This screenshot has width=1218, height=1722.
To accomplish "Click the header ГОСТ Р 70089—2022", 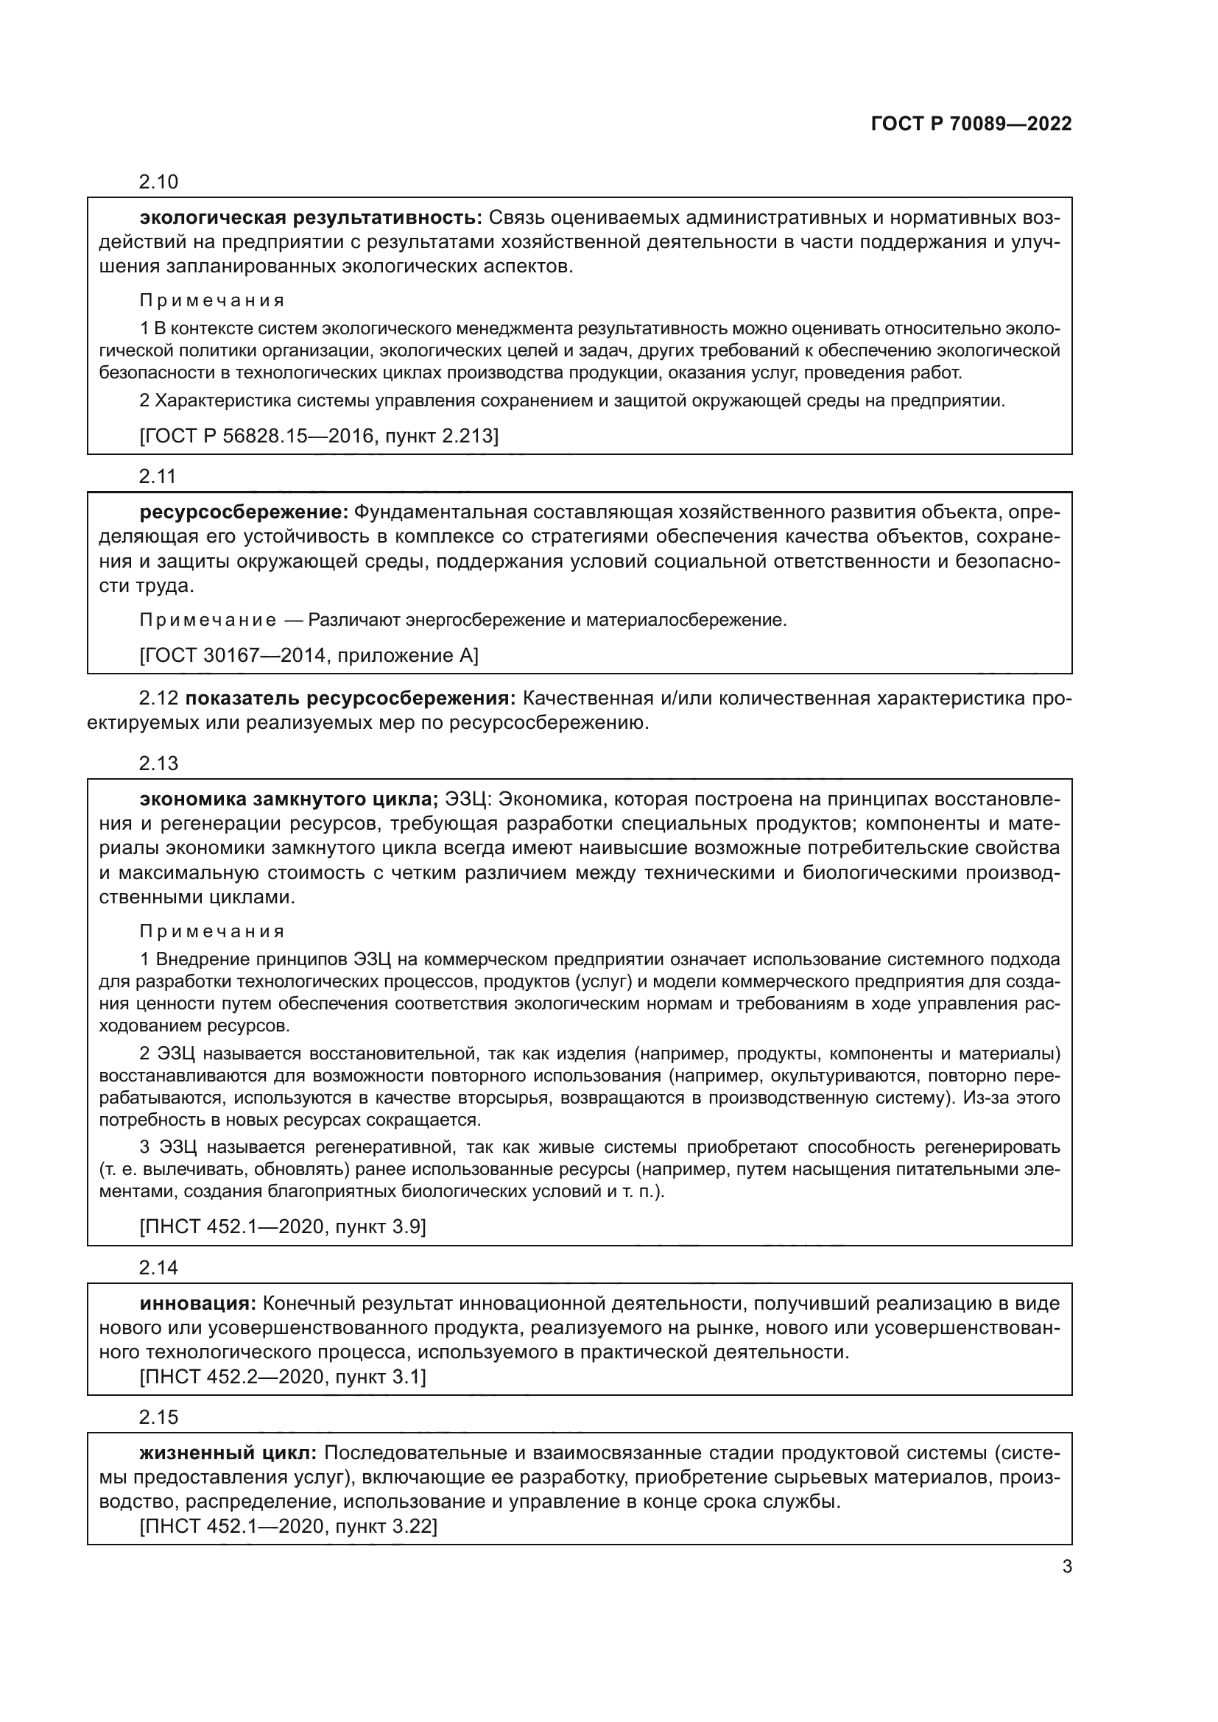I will click(971, 124).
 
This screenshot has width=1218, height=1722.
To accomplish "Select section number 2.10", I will click(158, 183).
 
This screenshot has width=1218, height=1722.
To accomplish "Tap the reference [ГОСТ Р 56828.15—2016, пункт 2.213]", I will click(319, 435).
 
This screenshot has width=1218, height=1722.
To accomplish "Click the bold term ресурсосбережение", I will click(244, 513).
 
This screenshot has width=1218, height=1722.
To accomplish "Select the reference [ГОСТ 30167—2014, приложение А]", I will click(309, 655).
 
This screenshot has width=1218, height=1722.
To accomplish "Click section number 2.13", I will click(158, 764).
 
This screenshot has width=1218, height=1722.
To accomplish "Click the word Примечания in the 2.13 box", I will click(212, 931).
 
